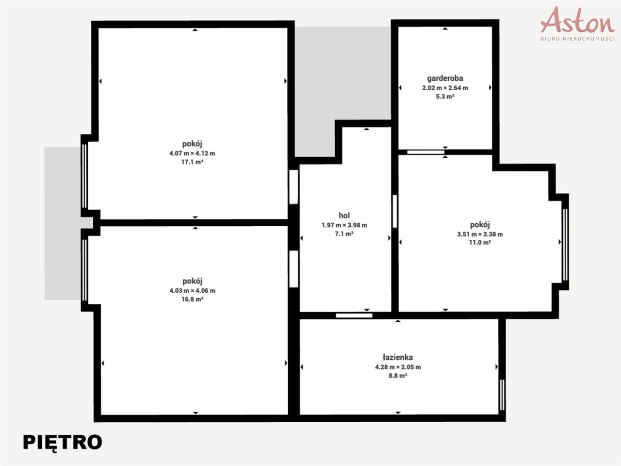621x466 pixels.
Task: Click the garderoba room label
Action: click(445, 78)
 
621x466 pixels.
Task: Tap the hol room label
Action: click(344, 216)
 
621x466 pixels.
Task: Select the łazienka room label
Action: click(398, 357)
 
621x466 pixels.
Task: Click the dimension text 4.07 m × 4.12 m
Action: click(192, 153)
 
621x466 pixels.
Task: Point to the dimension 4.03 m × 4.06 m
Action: click(193, 291)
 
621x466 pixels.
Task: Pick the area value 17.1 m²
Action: click(193, 162)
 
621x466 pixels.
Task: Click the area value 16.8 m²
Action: click(193, 300)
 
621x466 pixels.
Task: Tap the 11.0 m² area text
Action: click(480, 243)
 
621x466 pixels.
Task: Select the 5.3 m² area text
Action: click(445, 97)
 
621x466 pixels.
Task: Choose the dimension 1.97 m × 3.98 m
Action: click(344, 225)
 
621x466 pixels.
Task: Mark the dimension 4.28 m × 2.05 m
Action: click(398, 367)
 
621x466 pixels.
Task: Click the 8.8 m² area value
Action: click(398, 376)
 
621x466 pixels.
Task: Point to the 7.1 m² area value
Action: click(344, 234)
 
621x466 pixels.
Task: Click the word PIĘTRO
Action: click(63, 442)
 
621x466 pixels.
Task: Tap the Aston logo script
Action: click(578, 21)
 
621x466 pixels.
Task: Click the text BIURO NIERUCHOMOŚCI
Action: click(578, 39)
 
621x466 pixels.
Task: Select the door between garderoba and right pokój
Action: click(425, 152)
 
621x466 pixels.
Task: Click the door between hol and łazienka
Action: click(354, 316)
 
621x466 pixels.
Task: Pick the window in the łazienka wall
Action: click(502, 395)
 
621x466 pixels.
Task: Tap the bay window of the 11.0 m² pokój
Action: click(565, 245)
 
